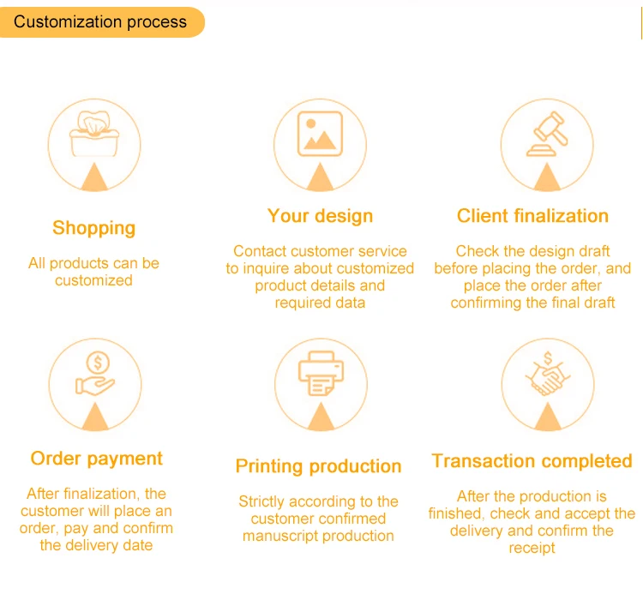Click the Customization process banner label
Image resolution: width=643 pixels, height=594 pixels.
tap(100, 21)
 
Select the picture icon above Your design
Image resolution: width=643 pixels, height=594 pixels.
tap(321, 134)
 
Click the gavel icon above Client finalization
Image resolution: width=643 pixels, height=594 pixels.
tap(547, 134)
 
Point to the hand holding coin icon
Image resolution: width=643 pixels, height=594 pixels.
tap(95, 374)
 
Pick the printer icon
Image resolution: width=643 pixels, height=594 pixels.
tap(321, 374)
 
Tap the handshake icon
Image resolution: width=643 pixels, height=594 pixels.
tap(548, 374)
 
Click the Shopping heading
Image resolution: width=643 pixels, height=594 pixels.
tap(94, 228)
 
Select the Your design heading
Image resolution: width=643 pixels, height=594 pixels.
tap(321, 216)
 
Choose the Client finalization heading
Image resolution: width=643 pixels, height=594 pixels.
tap(532, 216)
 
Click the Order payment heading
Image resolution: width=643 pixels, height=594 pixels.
tap(97, 459)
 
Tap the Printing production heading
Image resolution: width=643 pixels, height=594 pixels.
tap(319, 466)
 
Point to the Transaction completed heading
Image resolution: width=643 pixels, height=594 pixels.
tap(532, 461)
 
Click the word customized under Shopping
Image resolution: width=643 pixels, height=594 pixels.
tap(94, 281)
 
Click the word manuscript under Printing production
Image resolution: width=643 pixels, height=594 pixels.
tap(279, 537)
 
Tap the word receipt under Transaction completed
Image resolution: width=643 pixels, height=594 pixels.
tap(532, 548)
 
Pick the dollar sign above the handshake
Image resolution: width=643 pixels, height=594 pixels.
tap(548, 358)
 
